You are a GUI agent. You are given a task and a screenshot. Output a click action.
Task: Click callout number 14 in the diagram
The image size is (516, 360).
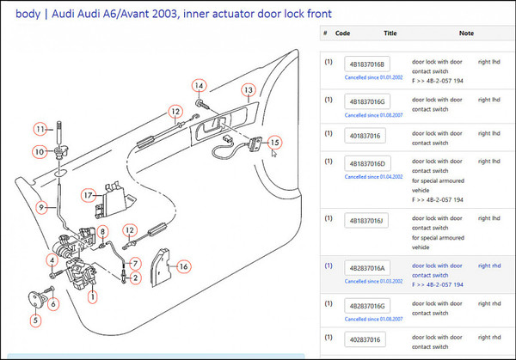click(x=199, y=85)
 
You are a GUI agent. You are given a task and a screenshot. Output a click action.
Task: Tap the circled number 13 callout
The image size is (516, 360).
click(x=248, y=89)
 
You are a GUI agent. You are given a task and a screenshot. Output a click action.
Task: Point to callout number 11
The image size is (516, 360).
click(x=40, y=129)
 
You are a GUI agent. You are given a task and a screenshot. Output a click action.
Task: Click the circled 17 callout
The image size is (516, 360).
click(x=88, y=195)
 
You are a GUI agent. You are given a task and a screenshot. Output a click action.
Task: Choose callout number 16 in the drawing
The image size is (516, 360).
click(x=182, y=266)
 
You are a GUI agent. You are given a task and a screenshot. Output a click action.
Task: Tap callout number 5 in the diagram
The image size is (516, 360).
click(x=35, y=321)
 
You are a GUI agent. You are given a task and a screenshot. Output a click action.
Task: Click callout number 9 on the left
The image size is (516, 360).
click(x=40, y=206)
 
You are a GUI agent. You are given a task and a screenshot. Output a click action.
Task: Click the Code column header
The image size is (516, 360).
click(x=342, y=34)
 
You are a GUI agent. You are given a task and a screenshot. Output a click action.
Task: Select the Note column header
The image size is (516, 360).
click(x=467, y=34)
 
